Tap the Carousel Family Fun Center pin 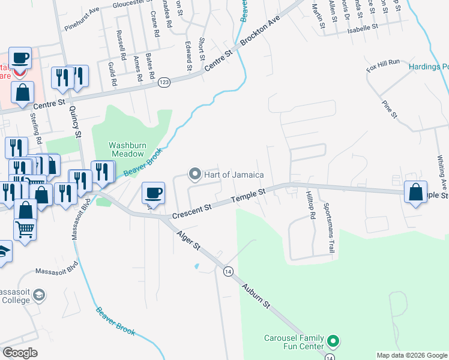pos(334,343)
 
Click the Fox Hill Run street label pos(383,67)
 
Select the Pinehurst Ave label pos(82,19)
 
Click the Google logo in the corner pos(20,352)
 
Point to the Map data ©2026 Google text pos(411,355)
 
